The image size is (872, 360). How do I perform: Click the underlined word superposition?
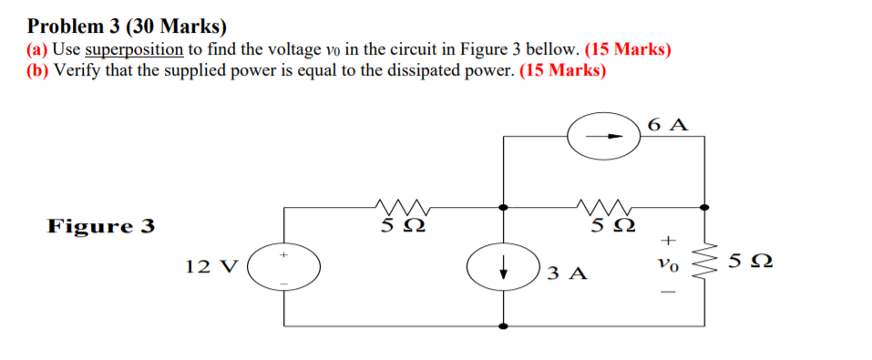tap(134, 50)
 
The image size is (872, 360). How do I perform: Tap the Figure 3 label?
tap(101, 226)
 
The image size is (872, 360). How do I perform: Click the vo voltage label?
tap(668, 263)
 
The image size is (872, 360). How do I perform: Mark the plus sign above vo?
tap(668, 240)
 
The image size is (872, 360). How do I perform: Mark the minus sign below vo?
tap(668, 293)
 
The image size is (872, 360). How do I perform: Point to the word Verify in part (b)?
tap(78, 72)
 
